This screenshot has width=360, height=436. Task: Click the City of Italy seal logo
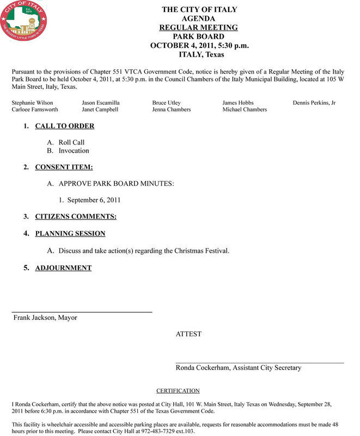[x=24, y=25]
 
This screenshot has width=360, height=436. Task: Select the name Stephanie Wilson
[x=33, y=102]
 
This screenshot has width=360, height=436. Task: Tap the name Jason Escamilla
[x=101, y=102]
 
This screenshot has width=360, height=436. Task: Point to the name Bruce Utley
[x=167, y=102]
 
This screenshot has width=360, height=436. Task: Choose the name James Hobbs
[x=238, y=102]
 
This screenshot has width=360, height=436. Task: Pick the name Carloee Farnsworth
[x=35, y=110]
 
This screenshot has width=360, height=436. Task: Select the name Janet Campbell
[x=101, y=110]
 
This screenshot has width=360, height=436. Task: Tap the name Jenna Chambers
[x=172, y=110]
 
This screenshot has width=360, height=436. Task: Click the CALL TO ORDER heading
[x=65, y=126]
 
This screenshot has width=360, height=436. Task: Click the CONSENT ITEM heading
[x=64, y=167]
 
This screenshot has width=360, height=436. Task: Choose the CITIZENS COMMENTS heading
[x=76, y=216]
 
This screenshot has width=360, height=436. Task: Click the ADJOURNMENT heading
[x=63, y=268]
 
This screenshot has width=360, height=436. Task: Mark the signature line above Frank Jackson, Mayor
[x=82, y=311]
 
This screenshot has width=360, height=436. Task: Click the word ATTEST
[x=188, y=334]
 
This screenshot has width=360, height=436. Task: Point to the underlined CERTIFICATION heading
[x=178, y=391]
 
